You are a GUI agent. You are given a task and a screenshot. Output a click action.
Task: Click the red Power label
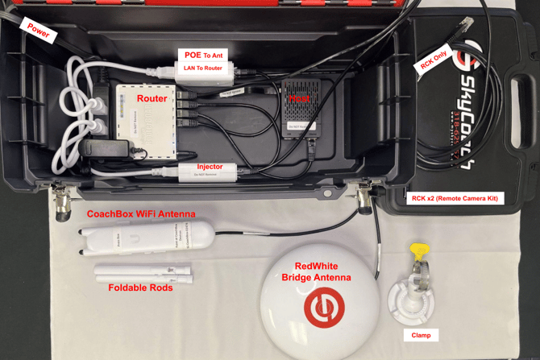pyautogui.click(x=37, y=31)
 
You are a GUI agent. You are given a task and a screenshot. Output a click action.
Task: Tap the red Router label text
pyautogui.click(x=152, y=99)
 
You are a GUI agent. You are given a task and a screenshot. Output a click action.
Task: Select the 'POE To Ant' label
pyautogui.click(x=204, y=55)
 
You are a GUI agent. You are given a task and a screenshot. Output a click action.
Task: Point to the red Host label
pyautogui.click(x=300, y=98)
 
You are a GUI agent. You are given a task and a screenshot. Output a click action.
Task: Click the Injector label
pyautogui.click(x=209, y=167)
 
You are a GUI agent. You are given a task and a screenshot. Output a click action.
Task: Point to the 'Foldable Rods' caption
pyautogui.click(x=140, y=288)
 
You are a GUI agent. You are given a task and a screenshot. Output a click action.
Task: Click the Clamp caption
pyautogui.click(x=416, y=335)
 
